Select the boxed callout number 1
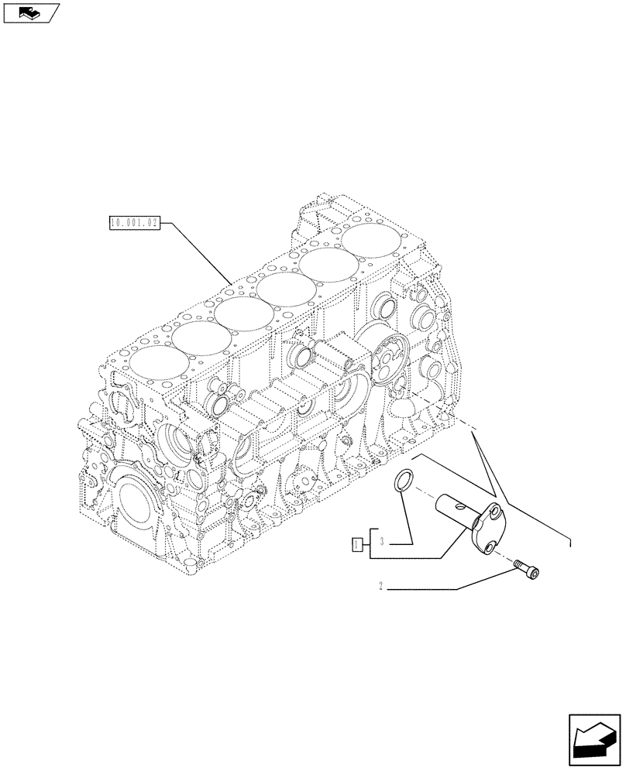click(357, 544)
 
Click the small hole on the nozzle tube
click(463, 506)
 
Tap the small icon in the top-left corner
click(29, 12)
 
